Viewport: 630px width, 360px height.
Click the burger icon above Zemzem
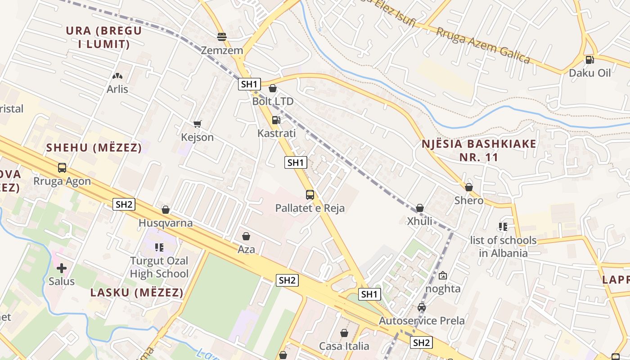pyautogui.click(x=221, y=36)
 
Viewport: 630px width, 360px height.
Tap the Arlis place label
pyautogui.click(x=117, y=89)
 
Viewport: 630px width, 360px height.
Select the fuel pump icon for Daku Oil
pyautogui.click(x=589, y=59)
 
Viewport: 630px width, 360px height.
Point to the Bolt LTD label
pyautogui.click(x=273, y=101)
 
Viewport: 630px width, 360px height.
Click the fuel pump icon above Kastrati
pyautogui.click(x=276, y=120)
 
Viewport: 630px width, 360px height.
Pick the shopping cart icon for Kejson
pyautogui.click(x=197, y=124)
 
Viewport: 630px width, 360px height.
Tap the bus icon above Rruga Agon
pyautogui.click(x=62, y=168)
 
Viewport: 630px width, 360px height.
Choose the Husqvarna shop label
pyautogui.click(x=166, y=223)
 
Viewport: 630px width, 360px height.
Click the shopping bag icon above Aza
pyautogui.click(x=246, y=236)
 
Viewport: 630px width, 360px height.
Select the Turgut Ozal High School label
pyautogui.click(x=159, y=267)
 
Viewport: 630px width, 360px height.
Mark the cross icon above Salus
pyautogui.click(x=62, y=268)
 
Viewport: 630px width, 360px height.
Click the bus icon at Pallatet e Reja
pyautogui.click(x=310, y=195)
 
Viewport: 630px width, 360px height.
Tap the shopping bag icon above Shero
pyautogui.click(x=469, y=187)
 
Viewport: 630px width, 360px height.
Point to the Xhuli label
pyautogui.click(x=419, y=221)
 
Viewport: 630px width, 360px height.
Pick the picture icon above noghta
pyautogui.click(x=443, y=275)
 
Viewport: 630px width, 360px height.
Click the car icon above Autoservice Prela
pyautogui.click(x=422, y=307)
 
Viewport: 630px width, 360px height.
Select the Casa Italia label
pyautogui.click(x=344, y=346)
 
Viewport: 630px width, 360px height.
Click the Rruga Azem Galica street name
pyautogui.click(x=483, y=45)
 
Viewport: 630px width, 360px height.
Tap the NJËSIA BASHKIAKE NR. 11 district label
pyautogui.click(x=479, y=151)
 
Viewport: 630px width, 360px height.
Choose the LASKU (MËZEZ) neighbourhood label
pyautogui.click(x=137, y=292)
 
